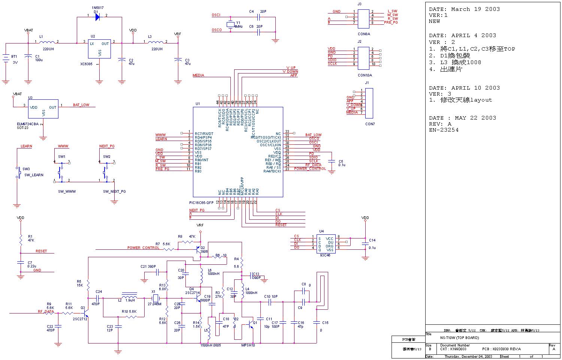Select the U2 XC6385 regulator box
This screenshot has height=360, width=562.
[x=99, y=49]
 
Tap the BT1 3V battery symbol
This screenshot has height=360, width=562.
[x=6, y=59]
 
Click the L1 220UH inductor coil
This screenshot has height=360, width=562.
[x=48, y=42]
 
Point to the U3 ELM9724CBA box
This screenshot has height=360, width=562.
[x=43, y=108]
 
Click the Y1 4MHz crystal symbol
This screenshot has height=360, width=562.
[x=230, y=25]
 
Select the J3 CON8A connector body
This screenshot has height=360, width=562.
[x=363, y=19]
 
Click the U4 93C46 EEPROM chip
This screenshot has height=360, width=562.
[x=326, y=243]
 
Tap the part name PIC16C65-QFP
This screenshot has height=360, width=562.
[x=201, y=202]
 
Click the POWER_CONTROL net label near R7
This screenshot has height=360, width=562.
[x=143, y=248]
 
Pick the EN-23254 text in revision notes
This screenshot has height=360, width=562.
[x=444, y=130]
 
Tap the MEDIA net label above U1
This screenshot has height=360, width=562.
[x=199, y=75]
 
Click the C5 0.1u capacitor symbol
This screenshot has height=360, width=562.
[x=331, y=161]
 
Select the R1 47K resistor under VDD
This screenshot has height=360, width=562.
[x=21, y=239]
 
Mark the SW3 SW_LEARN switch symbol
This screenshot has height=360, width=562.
[x=18, y=172]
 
